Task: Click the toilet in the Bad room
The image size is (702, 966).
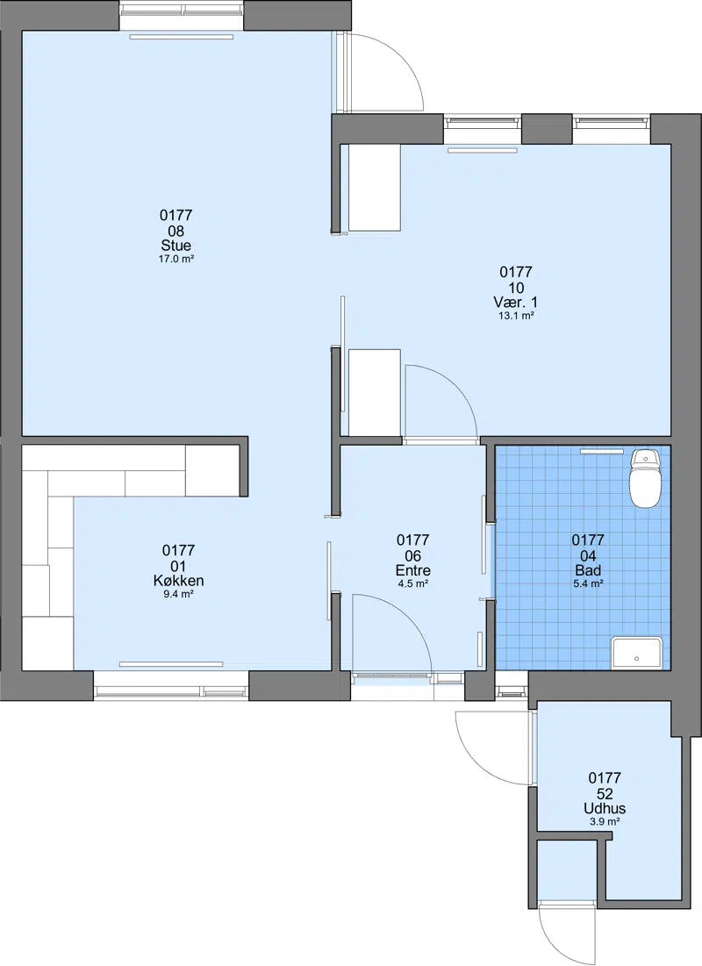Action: (x=645, y=478)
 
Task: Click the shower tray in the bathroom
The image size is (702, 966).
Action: (x=637, y=653)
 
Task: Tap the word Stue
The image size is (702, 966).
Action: (x=176, y=246)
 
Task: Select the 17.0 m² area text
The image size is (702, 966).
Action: (x=176, y=260)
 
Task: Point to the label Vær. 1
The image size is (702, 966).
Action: (x=516, y=303)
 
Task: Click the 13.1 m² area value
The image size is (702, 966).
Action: (x=516, y=316)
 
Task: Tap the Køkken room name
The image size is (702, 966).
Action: (x=179, y=581)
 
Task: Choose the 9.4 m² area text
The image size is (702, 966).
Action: (x=179, y=595)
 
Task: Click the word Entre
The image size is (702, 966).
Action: (x=413, y=570)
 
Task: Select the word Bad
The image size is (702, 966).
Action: (x=588, y=570)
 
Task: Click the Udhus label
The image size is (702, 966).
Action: (x=605, y=808)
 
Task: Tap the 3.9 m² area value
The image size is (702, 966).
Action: (x=605, y=822)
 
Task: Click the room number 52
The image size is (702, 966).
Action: (x=605, y=793)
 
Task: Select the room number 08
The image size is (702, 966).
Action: (x=176, y=231)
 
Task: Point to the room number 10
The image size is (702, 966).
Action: (x=516, y=288)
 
